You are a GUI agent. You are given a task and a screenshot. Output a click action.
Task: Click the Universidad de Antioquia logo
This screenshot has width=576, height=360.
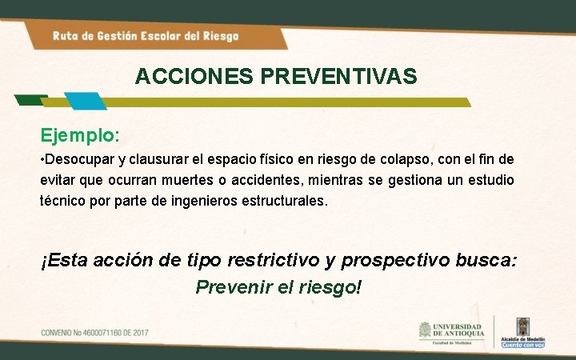450,332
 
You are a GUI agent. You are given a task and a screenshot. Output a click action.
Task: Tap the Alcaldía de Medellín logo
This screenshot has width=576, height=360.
523,332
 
